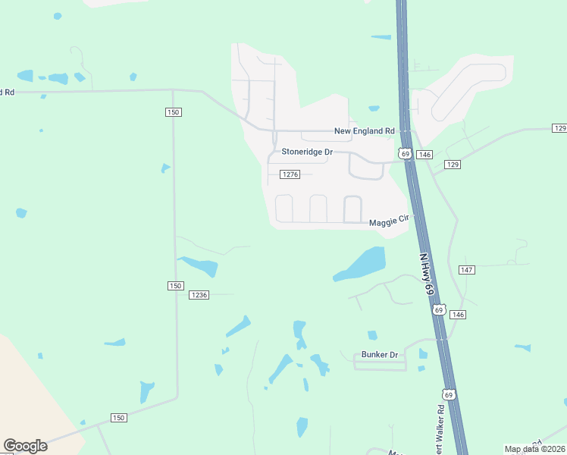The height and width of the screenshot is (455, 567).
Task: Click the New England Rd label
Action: [x=365, y=131]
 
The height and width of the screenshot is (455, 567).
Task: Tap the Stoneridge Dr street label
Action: [x=307, y=152]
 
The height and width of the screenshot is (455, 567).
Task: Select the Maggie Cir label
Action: [x=388, y=222]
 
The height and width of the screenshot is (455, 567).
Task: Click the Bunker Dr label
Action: [x=380, y=354]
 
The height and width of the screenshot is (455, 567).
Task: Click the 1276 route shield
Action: [x=290, y=174]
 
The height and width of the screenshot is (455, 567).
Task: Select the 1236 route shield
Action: [x=199, y=295]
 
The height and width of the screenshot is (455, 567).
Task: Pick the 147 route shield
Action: [x=466, y=270]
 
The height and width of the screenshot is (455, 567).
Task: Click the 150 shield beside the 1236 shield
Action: [x=174, y=285]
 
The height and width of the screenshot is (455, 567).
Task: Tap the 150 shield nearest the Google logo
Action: [x=118, y=418]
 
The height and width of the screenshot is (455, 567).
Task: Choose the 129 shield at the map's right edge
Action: [x=559, y=128]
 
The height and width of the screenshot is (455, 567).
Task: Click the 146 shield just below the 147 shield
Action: [x=457, y=314]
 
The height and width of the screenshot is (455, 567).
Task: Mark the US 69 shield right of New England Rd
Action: [x=406, y=154]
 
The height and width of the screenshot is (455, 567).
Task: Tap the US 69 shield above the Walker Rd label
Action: [x=449, y=395]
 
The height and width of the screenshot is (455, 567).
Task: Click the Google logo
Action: [x=25, y=446]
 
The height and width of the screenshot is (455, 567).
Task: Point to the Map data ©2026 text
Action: [x=535, y=449]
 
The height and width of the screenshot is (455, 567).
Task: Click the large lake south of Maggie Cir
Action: [x=363, y=264]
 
